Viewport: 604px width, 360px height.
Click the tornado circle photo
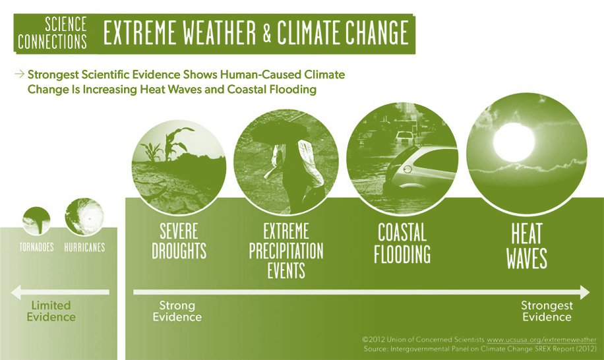[x=36, y=221]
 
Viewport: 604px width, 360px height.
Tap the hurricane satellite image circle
[x=84, y=217]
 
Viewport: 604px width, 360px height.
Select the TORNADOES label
[x=36, y=247]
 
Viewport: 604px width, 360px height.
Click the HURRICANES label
[x=85, y=247]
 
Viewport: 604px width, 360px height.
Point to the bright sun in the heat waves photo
[x=514, y=142]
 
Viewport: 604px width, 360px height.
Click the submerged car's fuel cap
[x=407, y=169]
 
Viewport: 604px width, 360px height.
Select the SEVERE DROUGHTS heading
[x=179, y=241]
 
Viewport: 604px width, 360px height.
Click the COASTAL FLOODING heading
[x=402, y=243]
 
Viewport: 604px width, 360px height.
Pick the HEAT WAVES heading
[x=527, y=246]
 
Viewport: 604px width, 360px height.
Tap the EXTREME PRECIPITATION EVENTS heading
[x=286, y=251]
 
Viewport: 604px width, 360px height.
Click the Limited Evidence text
[x=51, y=311]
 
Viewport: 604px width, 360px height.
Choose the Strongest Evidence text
[x=547, y=311]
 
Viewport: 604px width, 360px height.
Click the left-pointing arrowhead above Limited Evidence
[x=16, y=292]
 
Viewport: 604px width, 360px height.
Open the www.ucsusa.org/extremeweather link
[x=541, y=340]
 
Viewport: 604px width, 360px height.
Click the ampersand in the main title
[x=267, y=32]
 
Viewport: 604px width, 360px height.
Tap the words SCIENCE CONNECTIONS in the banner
[x=52, y=33]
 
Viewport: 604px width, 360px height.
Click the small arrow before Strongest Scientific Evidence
[x=19, y=74]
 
